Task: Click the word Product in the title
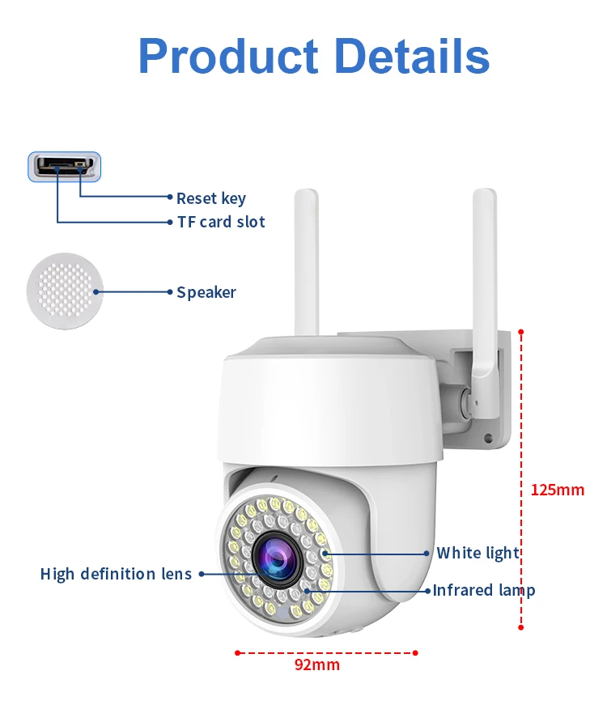tap(228, 57)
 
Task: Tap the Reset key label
tap(211, 198)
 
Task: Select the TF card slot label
tap(221, 222)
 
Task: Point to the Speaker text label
tap(206, 292)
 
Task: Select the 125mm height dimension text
tap(557, 490)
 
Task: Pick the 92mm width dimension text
tap(316, 665)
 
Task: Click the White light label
tap(478, 554)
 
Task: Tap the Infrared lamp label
tap(484, 590)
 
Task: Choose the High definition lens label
tap(117, 574)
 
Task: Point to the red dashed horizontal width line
tap(325, 652)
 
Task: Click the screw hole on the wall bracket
tap(488, 438)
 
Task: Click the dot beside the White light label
tap(427, 554)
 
